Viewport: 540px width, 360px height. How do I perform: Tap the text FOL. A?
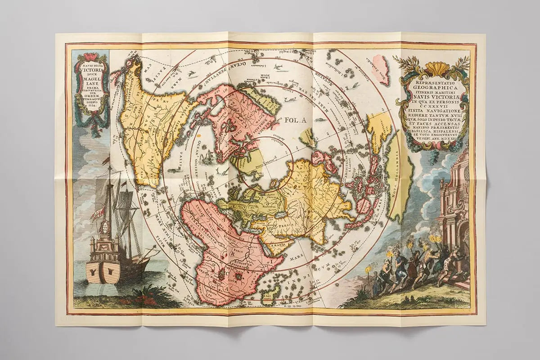click(x=295, y=120)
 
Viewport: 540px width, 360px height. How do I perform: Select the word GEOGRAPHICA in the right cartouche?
click(x=432, y=82)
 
